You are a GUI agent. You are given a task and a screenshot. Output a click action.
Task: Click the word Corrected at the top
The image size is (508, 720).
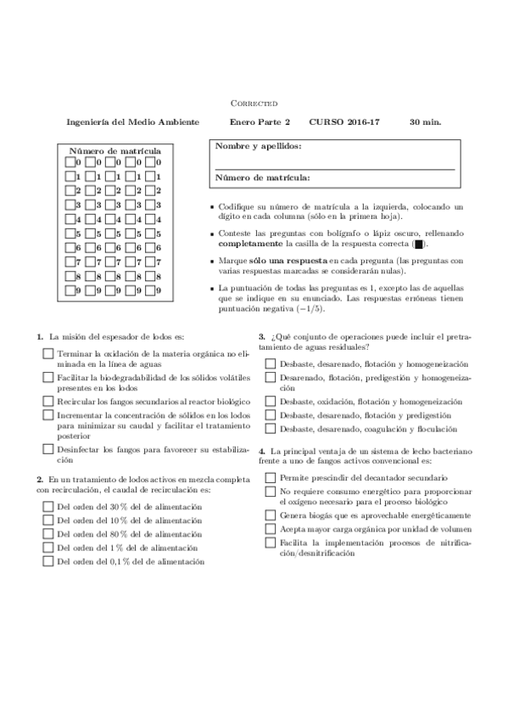(254, 103)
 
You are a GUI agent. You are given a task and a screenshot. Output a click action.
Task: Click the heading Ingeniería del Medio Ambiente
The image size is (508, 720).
(133, 122)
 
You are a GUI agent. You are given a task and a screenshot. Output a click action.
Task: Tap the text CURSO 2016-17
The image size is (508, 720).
(344, 122)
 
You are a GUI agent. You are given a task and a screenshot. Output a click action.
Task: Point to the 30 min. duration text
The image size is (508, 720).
(425, 122)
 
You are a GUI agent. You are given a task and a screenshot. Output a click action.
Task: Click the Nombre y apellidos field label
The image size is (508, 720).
(258, 146)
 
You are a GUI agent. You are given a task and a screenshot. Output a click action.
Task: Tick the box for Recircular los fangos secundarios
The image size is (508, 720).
(47, 400)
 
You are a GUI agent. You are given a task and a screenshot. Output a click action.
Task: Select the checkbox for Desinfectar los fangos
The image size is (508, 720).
(47, 449)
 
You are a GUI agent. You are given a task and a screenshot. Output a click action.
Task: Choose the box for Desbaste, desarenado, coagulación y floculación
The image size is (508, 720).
(270, 429)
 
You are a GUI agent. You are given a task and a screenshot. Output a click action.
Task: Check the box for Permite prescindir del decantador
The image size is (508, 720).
(270, 479)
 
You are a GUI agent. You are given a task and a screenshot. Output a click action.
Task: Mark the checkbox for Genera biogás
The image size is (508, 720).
(270, 515)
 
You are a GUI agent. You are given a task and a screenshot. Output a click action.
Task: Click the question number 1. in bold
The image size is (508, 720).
(41, 337)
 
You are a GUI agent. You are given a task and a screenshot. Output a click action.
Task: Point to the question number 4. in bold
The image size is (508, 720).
(262, 450)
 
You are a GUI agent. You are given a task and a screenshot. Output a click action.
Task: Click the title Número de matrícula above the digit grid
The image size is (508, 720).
(114, 150)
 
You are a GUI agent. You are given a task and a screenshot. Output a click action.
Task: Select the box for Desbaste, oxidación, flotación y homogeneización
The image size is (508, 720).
(270, 401)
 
